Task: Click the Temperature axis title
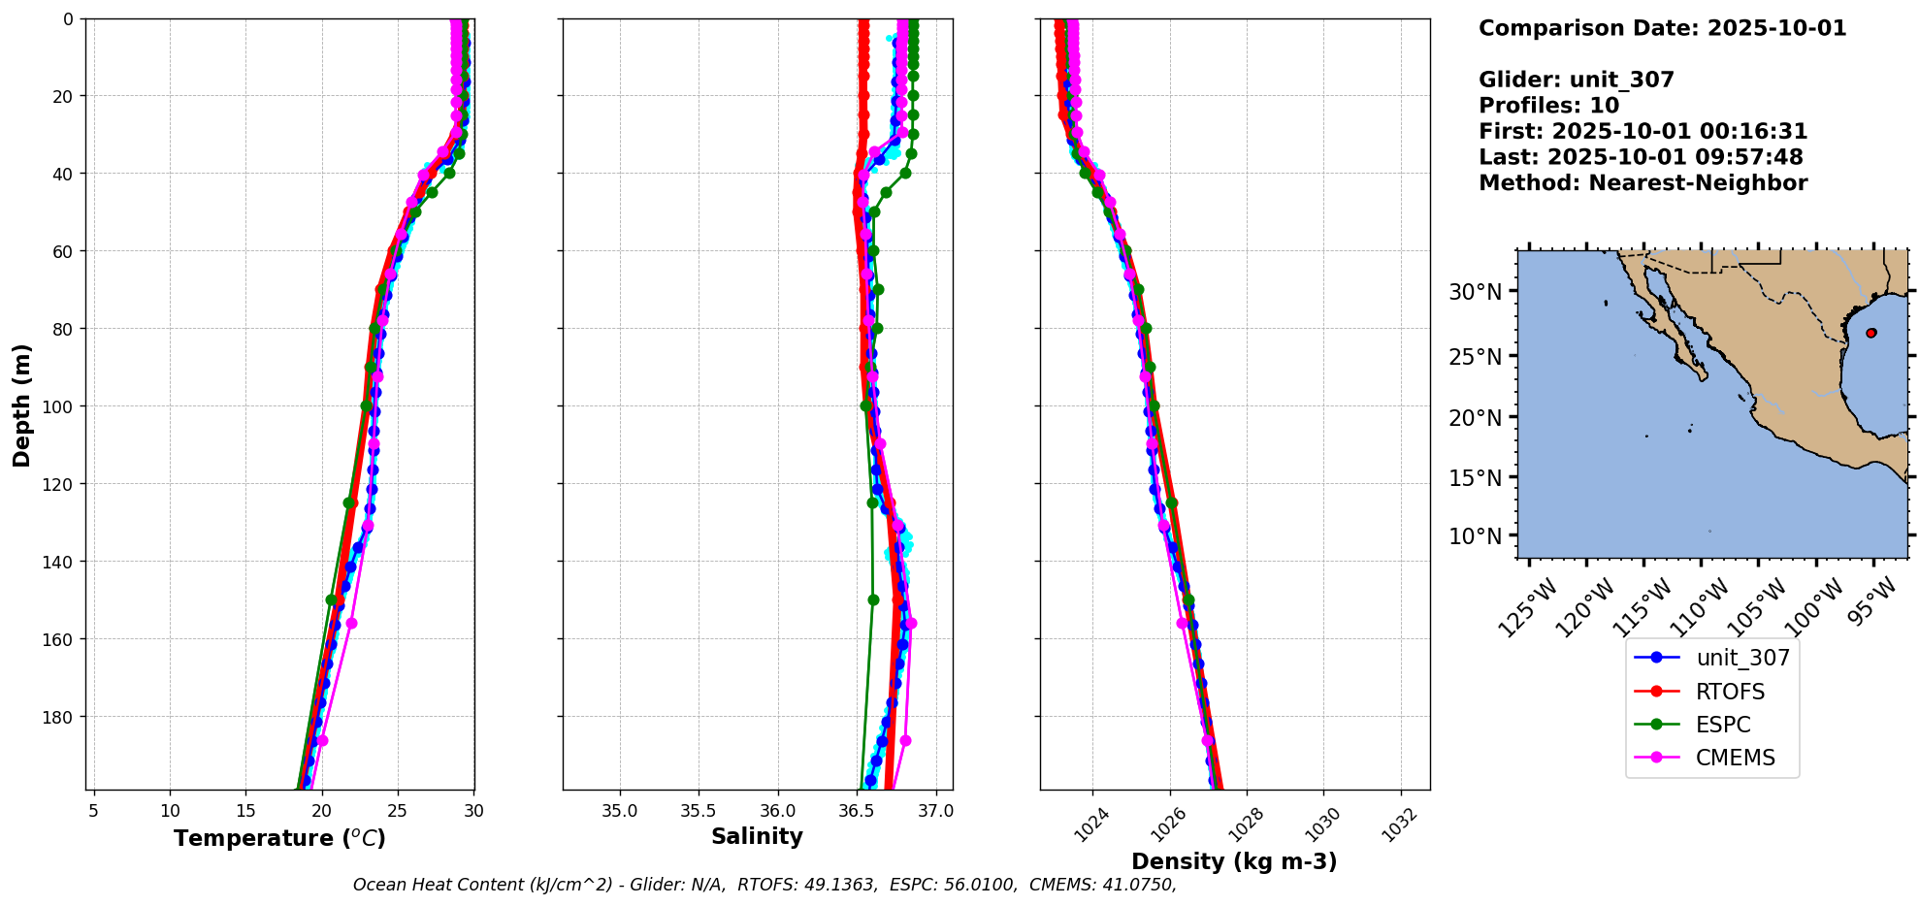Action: (x=279, y=838)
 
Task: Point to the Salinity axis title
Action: (x=757, y=836)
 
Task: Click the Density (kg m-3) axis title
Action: (x=1234, y=861)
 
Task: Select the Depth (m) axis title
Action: (x=21, y=404)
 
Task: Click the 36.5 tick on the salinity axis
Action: (x=856, y=811)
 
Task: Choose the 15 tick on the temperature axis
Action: (x=245, y=811)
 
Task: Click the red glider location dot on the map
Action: (x=1870, y=333)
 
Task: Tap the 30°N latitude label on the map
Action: (x=1475, y=292)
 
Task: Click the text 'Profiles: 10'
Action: (x=1548, y=106)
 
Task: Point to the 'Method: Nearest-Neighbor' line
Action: (x=1643, y=183)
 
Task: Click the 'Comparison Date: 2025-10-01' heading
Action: (x=1662, y=28)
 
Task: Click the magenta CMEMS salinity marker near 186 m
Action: (x=905, y=740)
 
